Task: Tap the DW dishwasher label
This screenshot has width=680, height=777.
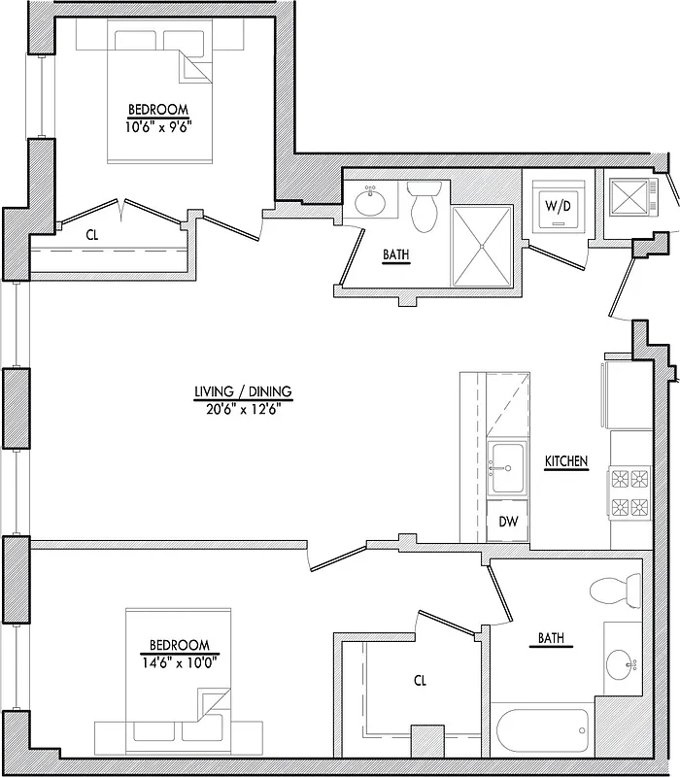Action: pos(508,522)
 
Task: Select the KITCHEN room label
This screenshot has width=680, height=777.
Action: pos(566,462)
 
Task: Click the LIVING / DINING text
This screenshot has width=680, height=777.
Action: pos(243,392)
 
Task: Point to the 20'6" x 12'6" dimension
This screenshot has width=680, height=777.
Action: pos(243,409)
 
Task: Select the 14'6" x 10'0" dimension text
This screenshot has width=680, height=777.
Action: pos(179,660)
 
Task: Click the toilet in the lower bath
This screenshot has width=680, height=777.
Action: pos(617,589)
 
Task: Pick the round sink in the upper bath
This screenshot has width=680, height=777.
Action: pos(372,203)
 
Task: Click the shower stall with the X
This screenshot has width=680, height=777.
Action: pos(483,246)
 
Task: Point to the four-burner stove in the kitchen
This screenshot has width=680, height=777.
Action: pos(628,492)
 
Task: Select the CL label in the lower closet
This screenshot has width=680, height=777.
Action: pos(420,682)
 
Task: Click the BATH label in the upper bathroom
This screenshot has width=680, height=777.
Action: pos(395,255)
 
